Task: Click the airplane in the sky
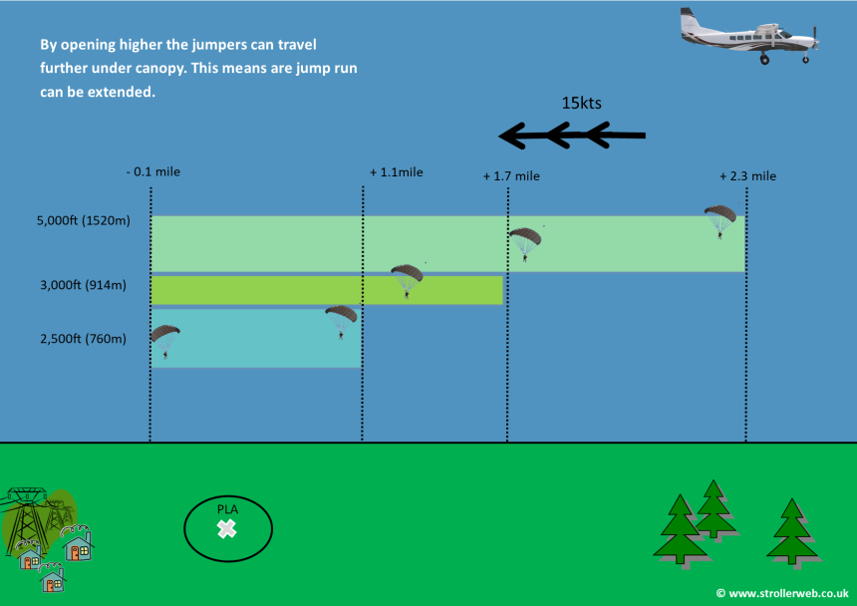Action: click(x=749, y=36)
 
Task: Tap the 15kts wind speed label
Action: click(x=582, y=103)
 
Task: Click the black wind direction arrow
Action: click(x=572, y=135)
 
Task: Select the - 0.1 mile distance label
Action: click(x=153, y=171)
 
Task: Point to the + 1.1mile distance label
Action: click(x=397, y=172)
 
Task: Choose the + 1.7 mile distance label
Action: click(x=511, y=176)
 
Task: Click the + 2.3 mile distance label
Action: click(x=747, y=176)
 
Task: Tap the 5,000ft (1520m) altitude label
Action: click(x=84, y=220)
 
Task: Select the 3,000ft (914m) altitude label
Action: click(x=83, y=285)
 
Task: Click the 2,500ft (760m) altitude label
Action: click(x=83, y=339)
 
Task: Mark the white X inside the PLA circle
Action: click(x=226, y=528)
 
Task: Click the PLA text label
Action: click(x=227, y=509)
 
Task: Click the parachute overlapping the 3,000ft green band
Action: click(x=407, y=281)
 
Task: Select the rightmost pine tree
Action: click(x=792, y=534)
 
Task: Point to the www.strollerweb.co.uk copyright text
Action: click(x=782, y=593)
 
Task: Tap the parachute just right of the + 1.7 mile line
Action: click(x=525, y=244)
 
